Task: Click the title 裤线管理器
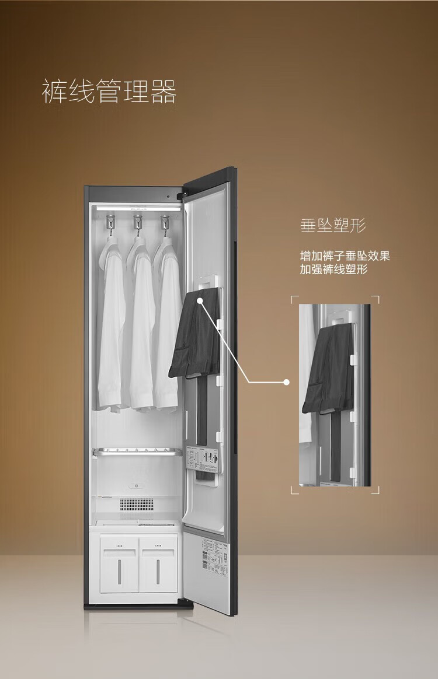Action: [109, 92]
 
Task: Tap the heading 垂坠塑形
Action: [333, 225]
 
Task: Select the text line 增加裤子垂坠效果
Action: [345, 256]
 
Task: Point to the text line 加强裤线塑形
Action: [333, 269]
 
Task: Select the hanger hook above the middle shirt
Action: [138, 222]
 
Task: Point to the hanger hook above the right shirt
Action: [165, 222]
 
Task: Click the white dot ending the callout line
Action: [286, 383]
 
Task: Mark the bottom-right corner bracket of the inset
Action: [377, 491]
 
